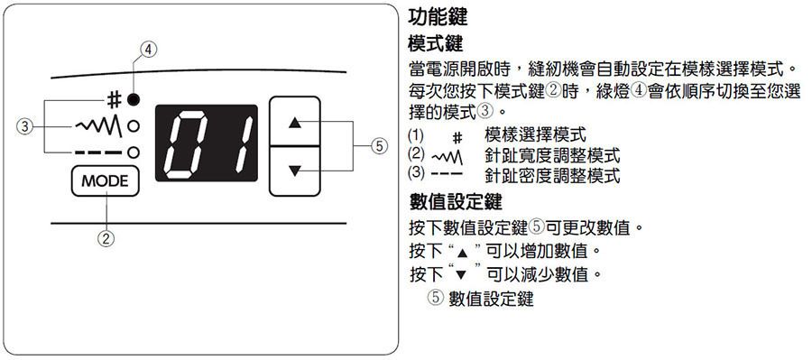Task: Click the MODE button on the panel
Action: (106, 181)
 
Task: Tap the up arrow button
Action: (295, 122)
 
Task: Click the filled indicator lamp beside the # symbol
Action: (134, 99)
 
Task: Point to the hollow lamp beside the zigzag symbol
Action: (134, 126)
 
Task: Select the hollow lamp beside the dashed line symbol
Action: (134, 152)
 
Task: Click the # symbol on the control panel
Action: (115, 99)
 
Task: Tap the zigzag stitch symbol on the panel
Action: (99, 126)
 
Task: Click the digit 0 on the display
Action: (185, 143)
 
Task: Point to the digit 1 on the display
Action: (241, 143)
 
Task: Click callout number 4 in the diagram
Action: (148, 50)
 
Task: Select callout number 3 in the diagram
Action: (25, 126)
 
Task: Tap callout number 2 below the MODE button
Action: (106, 238)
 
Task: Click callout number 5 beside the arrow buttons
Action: (380, 147)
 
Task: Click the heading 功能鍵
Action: (438, 17)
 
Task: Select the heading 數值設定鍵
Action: (456, 201)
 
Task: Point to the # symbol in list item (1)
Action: (457, 138)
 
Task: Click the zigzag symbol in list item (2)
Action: (447, 156)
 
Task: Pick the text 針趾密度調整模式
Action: (552, 175)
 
